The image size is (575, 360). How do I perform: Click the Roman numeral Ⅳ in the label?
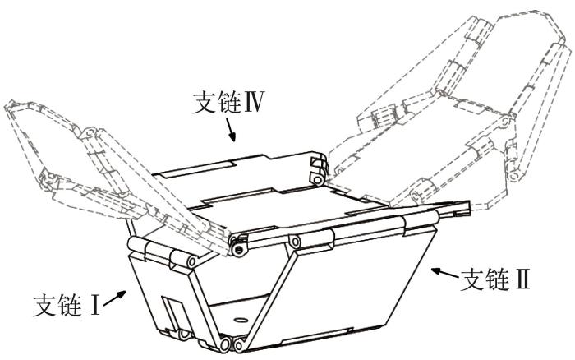coord(252,102)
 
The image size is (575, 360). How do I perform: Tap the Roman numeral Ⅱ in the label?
coord(522,280)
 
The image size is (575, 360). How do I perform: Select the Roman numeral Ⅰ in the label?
coord(94,305)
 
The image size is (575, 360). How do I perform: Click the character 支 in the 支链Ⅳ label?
coord(204,103)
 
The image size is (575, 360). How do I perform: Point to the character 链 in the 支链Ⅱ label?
coord(496,280)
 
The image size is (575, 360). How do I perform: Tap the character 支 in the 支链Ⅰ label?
coord(44,305)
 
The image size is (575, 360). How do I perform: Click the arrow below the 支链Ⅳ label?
coord(230,131)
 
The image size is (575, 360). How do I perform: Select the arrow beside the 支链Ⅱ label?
coord(444,273)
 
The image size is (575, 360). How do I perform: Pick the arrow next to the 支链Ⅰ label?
coord(115,298)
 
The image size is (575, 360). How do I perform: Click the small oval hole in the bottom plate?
coord(241,319)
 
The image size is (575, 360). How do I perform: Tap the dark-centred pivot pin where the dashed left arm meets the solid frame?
coord(239,250)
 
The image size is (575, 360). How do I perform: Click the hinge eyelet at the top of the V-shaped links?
coord(294,241)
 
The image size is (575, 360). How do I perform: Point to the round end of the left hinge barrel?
coord(191,261)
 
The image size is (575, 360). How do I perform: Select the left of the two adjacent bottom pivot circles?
coord(224,344)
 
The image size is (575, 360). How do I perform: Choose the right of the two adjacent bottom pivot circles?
coord(239,345)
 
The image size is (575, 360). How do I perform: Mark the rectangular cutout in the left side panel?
coord(174,314)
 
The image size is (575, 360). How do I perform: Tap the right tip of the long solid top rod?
coord(469,208)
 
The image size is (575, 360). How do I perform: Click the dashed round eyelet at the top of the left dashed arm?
coord(90,132)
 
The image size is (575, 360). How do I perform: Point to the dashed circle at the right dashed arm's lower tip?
coord(515,177)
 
